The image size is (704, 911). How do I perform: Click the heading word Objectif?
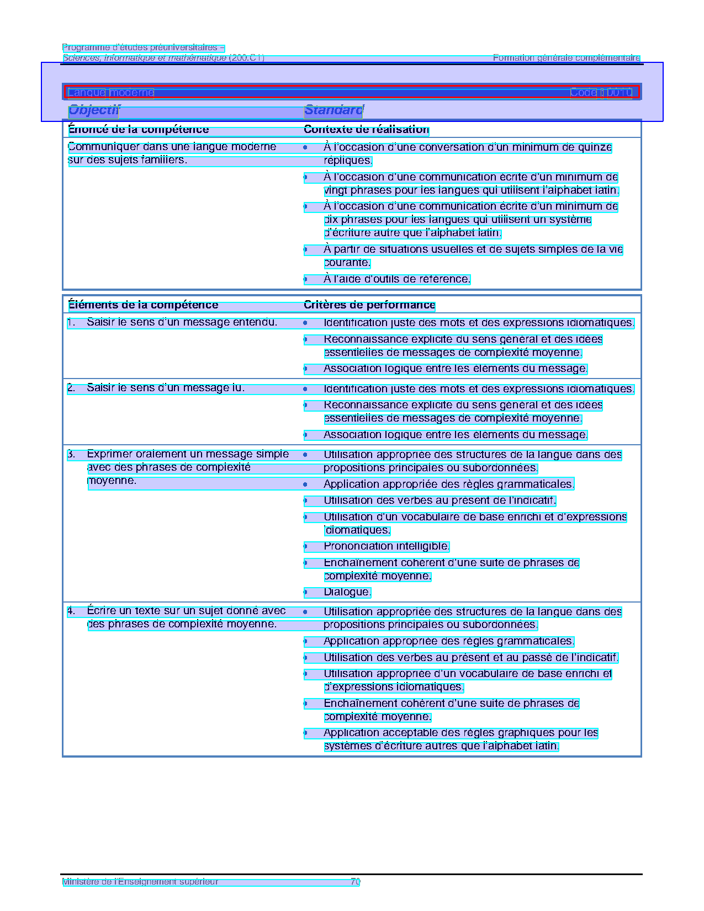tap(93, 110)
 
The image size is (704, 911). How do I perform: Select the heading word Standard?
tap(333, 110)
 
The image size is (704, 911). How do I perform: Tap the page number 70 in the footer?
tap(355, 882)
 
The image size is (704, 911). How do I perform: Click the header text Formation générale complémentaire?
tap(566, 58)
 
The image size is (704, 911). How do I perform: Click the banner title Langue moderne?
tap(110, 93)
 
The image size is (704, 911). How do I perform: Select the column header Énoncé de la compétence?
tap(138, 130)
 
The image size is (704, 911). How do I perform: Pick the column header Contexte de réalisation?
tap(366, 130)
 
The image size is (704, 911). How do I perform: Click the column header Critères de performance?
tap(369, 305)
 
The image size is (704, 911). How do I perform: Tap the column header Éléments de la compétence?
tap(142, 305)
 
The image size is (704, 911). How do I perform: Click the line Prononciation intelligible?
tap(386, 546)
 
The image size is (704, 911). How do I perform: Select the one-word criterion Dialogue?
tap(347, 592)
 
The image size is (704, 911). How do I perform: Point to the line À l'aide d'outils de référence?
tap(396, 279)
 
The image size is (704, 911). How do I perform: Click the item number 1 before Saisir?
tap(71, 322)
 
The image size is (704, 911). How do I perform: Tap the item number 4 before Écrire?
tap(71, 611)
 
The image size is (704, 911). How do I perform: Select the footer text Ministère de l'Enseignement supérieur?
tap(140, 882)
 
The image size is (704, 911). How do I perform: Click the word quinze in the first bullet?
tap(595, 147)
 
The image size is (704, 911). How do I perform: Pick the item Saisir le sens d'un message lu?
tap(165, 388)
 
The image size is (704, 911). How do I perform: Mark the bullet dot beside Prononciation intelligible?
tap(305, 547)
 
